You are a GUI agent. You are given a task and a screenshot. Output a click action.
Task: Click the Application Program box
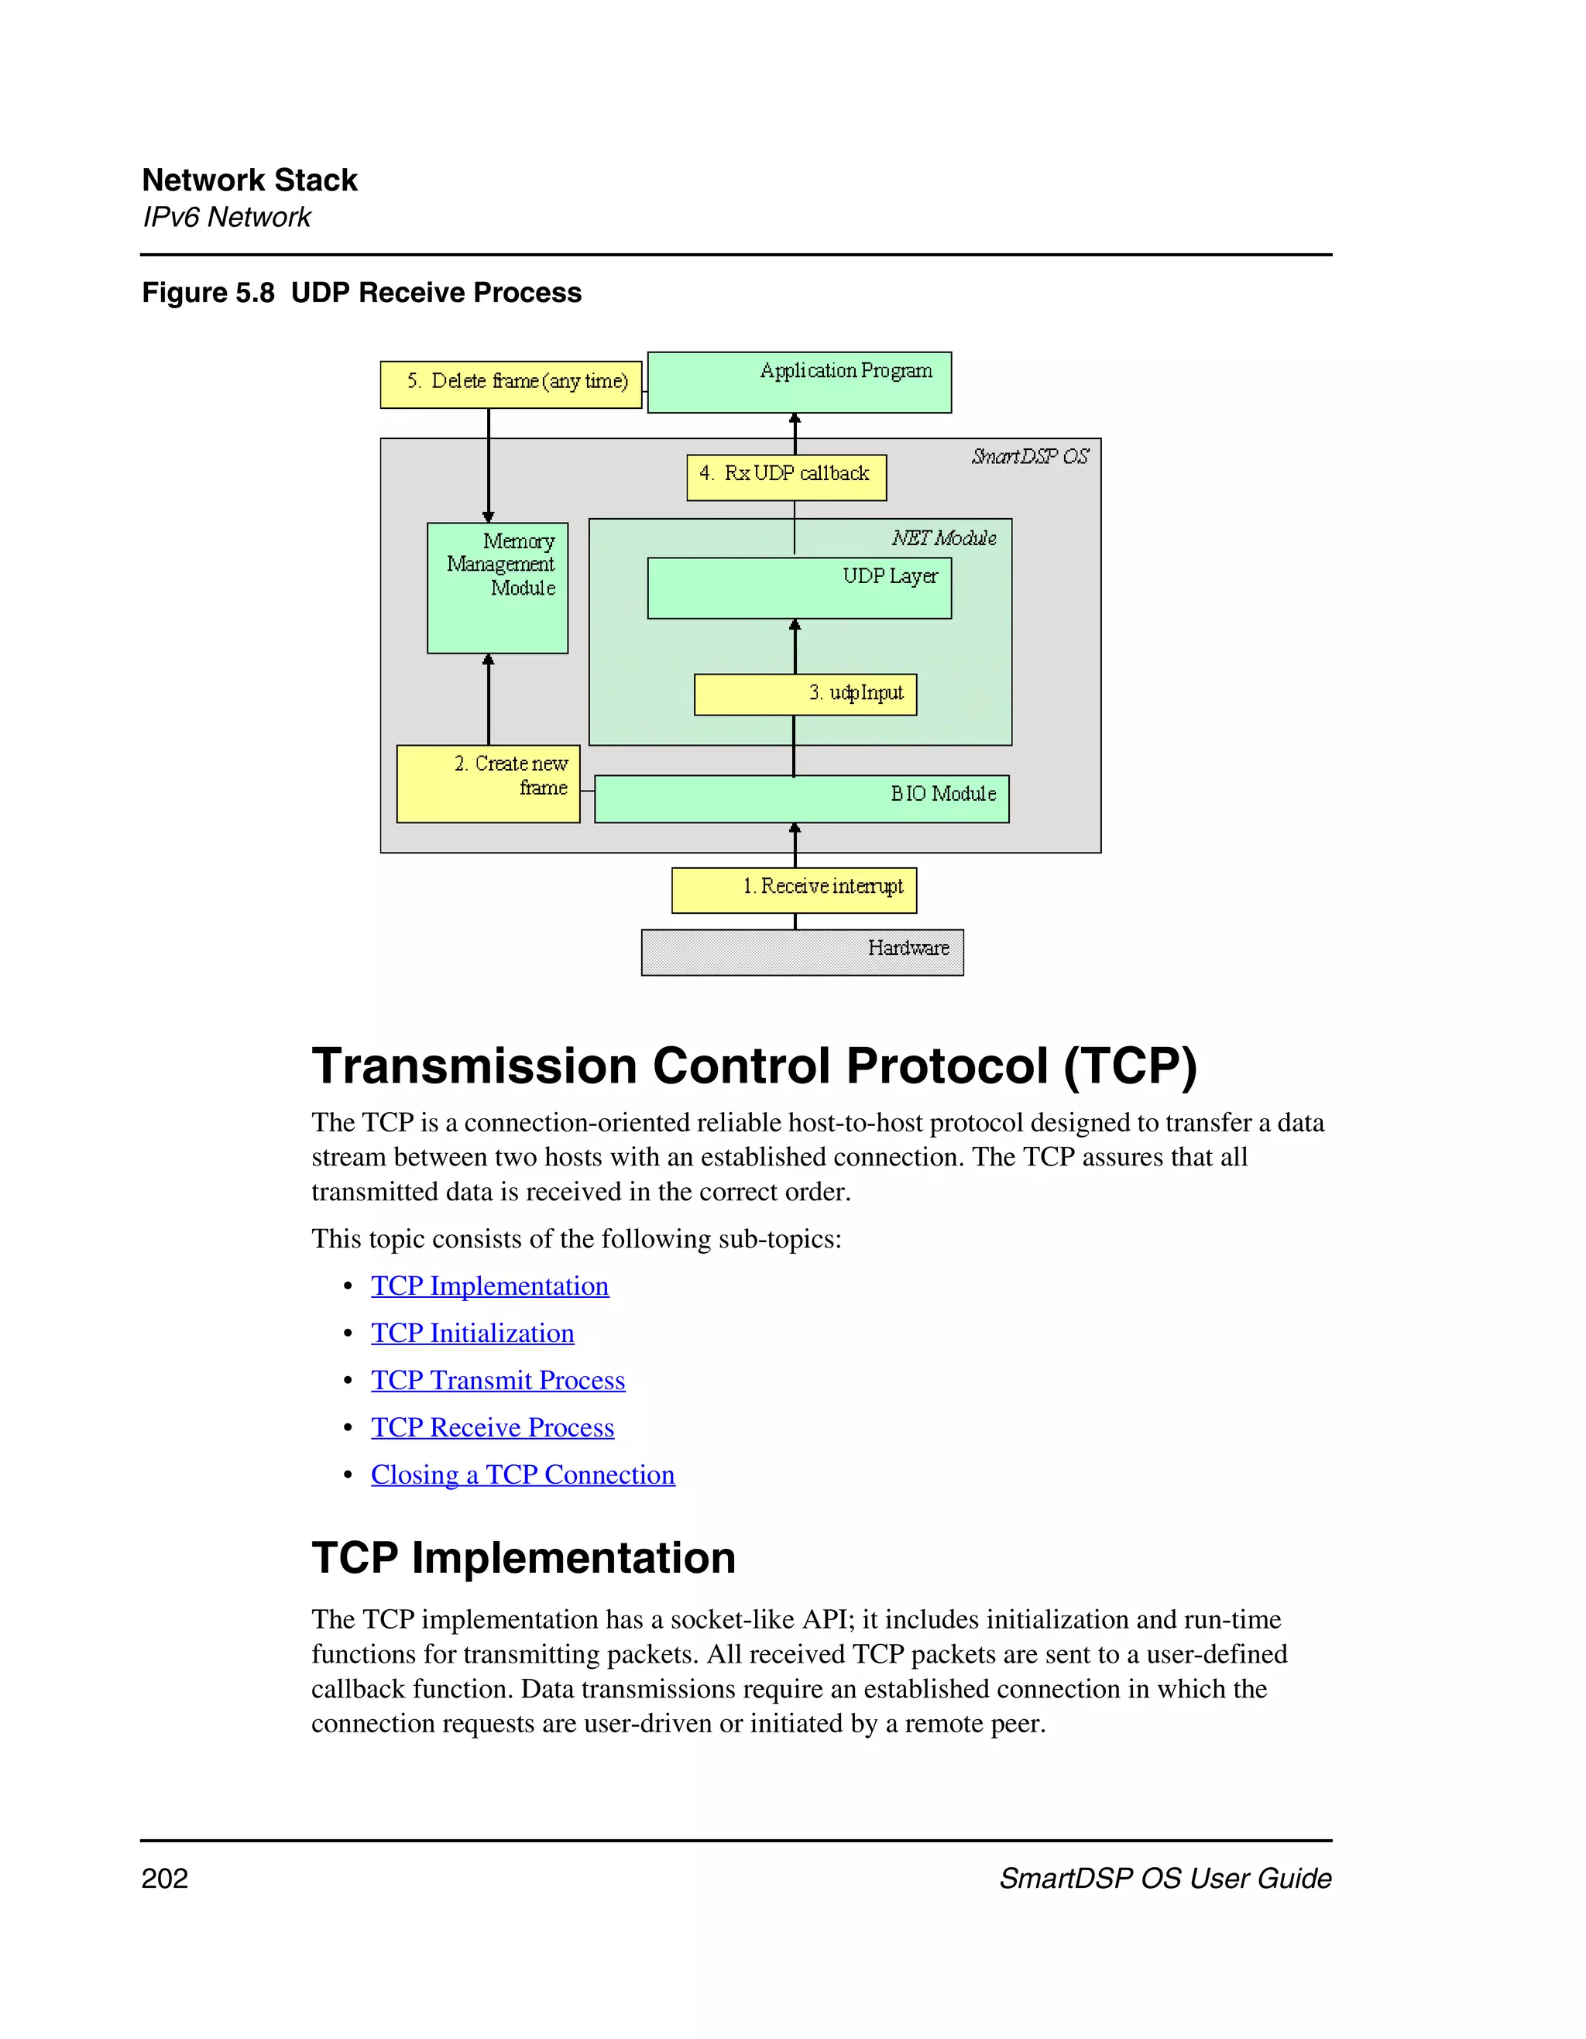[799, 382]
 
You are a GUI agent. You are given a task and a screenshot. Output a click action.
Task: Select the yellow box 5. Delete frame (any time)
[510, 383]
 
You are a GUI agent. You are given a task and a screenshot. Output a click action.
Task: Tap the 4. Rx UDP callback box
[786, 477]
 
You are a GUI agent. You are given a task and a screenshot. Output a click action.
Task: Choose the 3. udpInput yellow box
[805, 694]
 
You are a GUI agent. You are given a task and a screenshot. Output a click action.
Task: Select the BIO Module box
[801, 798]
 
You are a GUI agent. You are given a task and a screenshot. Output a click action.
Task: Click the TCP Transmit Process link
[497, 1380]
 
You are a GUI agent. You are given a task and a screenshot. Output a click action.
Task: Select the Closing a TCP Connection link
[522, 1474]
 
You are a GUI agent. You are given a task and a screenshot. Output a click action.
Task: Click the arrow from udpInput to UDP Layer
[795, 645]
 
